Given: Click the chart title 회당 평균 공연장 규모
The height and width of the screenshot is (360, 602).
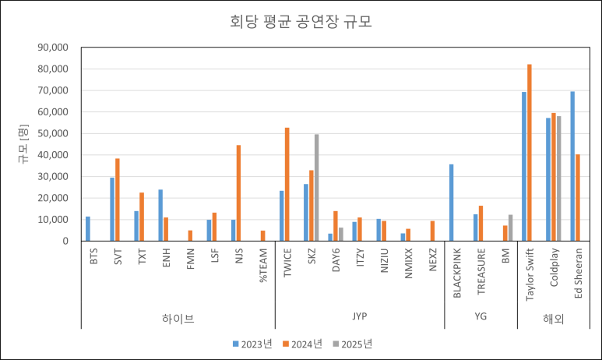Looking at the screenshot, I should pyautogui.click(x=301, y=22).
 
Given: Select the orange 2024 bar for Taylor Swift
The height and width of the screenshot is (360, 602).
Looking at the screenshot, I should pyautogui.click(x=530, y=153).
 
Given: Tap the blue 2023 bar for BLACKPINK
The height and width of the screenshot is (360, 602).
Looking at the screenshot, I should pyautogui.click(x=451, y=203).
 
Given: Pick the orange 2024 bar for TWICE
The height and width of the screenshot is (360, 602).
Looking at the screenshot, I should pyautogui.click(x=287, y=184).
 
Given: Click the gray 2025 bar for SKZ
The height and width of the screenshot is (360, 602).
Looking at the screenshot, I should pyautogui.click(x=316, y=188).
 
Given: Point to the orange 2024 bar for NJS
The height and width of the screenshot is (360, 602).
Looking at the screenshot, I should pyautogui.click(x=238, y=193).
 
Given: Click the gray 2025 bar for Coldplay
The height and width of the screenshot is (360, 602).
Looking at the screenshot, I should pyautogui.click(x=559, y=178).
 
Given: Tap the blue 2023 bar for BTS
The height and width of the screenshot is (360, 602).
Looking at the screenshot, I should pyautogui.click(x=88, y=228).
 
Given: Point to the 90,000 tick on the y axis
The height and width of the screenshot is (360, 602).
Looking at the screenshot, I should pyautogui.click(x=54, y=48).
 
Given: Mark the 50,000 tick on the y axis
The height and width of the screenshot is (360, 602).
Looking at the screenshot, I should pyautogui.click(x=54, y=133).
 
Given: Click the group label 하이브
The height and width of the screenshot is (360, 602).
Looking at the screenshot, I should pyautogui.click(x=178, y=318).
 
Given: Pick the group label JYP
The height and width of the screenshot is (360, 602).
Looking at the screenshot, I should pyautogui.click(x=359, y=316).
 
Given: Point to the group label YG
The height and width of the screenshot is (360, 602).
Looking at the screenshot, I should pyautogui.click(x=481, y=316).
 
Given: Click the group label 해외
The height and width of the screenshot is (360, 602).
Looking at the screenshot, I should pyautogui.click(x=553, y=318).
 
